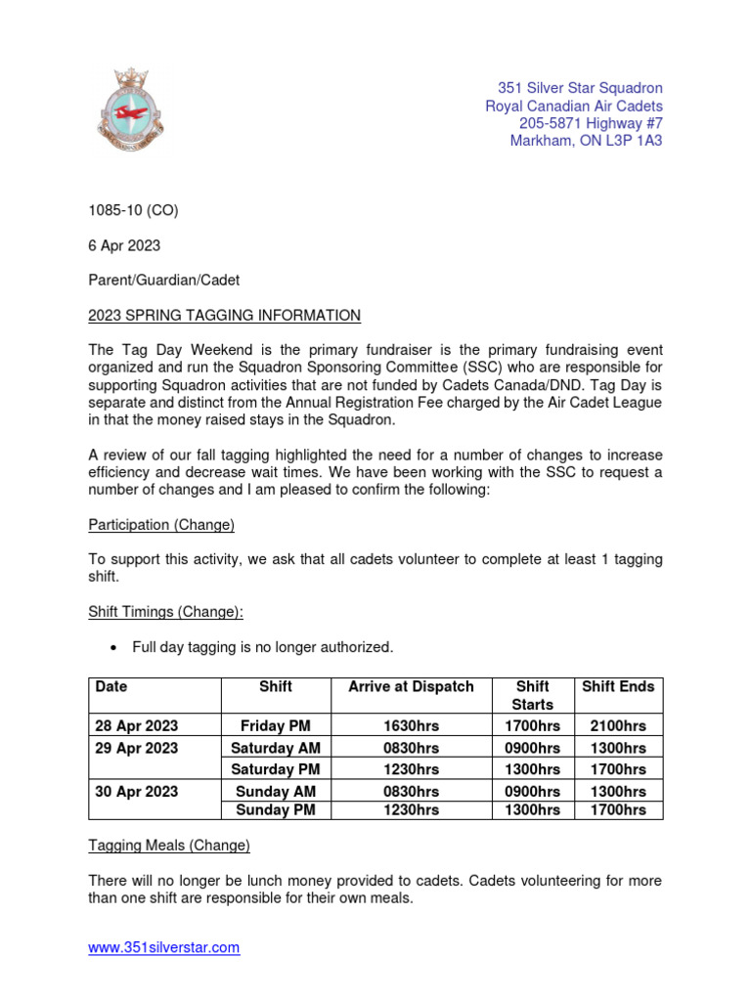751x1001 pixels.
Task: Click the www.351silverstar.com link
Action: (x=164, y=947)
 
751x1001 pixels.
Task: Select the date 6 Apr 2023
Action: (x=124, y=244)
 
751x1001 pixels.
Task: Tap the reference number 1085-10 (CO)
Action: (x=133, y=210)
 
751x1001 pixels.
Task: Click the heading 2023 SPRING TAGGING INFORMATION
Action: (x=224, y=315)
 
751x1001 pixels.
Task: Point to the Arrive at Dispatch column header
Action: (x=411, y=687)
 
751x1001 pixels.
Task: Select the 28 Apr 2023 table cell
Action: (x=137, y=726)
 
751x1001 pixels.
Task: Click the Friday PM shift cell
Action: (x=276, y=726)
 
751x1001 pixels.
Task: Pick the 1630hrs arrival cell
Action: (x=411, y=726)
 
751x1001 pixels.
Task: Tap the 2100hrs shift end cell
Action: (x=618, y=726)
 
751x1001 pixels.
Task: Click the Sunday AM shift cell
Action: (x=276, y=791)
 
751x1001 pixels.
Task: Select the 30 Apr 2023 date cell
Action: (x=137, y=791)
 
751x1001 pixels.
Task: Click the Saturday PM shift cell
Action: (x=276, y=769)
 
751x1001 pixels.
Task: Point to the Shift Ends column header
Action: (x=618, y=687)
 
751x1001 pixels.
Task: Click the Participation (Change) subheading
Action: (x=161, y=525)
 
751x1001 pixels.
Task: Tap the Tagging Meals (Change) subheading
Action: (x=169, y=845)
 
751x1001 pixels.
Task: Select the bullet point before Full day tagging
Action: (x=115, y=647)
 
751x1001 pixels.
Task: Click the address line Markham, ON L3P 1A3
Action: (x=586, y=141)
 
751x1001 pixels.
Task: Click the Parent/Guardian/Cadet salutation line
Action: (x=163, y=280)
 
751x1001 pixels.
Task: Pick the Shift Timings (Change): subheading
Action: (x=165, y=611)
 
